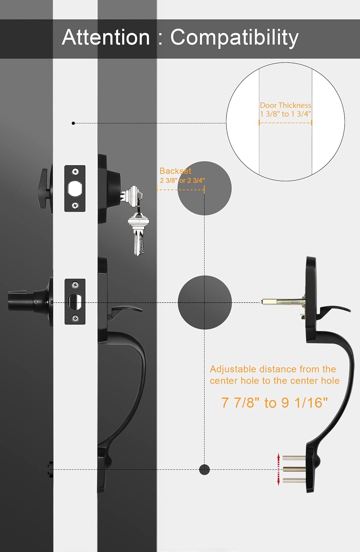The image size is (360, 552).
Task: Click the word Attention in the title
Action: pos(106,37)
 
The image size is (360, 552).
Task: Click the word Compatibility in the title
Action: pos(234,38)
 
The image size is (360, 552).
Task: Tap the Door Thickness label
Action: pos(285,106)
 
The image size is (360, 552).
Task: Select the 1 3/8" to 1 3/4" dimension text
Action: pos(285,114)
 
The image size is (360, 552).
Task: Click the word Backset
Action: pos(175,171)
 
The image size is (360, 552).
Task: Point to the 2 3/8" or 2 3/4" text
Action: pos(182,180)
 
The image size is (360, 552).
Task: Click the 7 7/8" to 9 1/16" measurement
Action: pos(275,403)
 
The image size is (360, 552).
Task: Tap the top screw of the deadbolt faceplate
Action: pos(75,171)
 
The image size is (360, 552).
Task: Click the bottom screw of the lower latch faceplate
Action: pos(75,318)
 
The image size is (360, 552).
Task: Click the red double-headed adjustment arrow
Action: pos(278,469)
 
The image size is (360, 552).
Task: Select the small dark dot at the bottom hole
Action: pos(204,469)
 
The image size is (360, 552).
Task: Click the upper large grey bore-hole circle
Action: pos(204,188)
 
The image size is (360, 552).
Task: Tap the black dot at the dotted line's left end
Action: pos(73,123)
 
